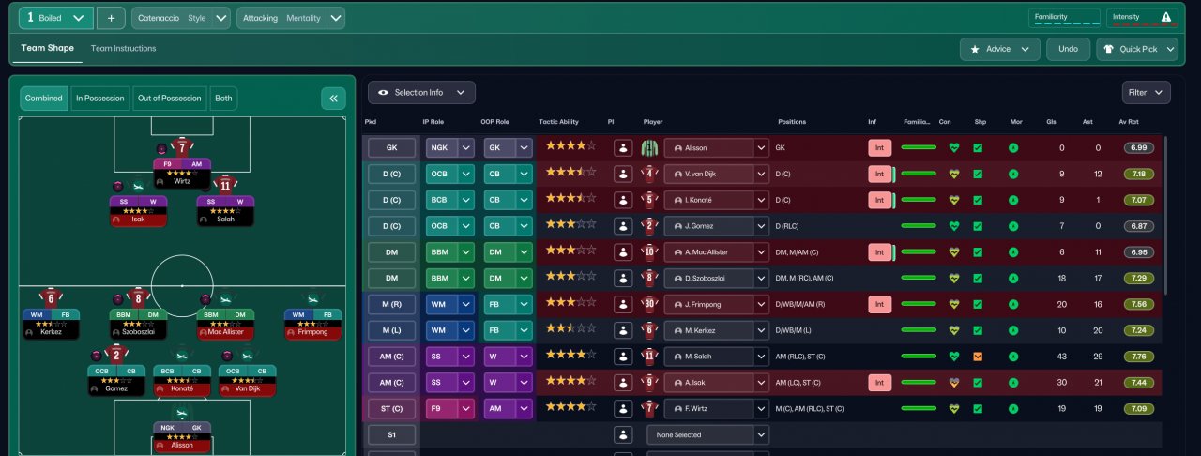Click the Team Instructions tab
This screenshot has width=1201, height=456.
click(123, 49)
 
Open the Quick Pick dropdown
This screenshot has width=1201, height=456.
click(1137, 49)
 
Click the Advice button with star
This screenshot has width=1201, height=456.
click(999, 49)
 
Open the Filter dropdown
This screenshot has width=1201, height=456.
click(1146, 92)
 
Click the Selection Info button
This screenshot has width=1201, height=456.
click(421, 92)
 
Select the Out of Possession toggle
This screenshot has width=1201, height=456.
click(169, 99)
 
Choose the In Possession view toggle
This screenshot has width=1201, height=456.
click(99, 99)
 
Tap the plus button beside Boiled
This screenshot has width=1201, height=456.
click(111, 18)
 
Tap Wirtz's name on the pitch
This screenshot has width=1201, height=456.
click(182, 181)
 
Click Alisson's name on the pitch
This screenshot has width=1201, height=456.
click(182, 445)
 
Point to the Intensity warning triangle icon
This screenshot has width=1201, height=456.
click(1166, 16)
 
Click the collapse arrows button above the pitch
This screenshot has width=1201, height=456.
click(333, 99)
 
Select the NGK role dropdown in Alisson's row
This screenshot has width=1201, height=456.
click(449, 147)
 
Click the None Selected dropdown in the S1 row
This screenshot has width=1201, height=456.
click(700, 434)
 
